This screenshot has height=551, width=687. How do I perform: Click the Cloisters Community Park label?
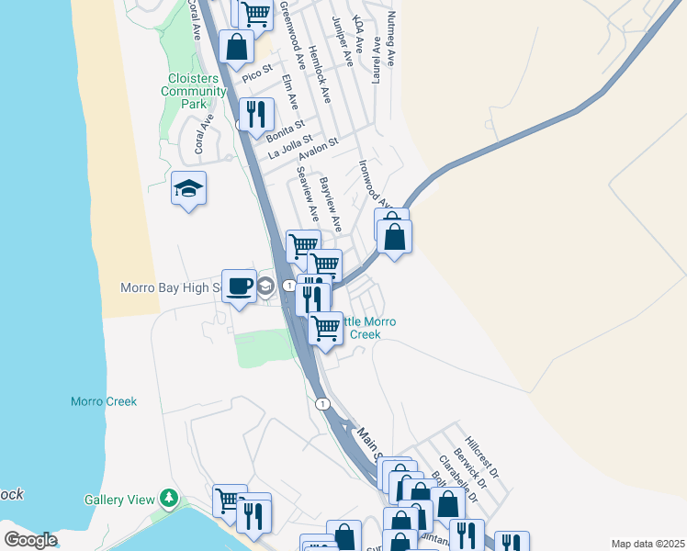click(x=193, y=91)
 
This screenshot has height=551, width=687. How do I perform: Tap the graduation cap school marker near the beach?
click(x=188, y=190)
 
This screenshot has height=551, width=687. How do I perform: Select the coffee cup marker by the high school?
click(x=240, y=287)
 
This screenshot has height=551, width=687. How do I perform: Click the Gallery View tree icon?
click(x=168, y=499)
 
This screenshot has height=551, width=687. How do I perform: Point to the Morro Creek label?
click(x=104, y=401)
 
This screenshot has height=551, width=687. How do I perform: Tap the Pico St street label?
click(x=258, y=73)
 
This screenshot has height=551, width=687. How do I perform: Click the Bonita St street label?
click(x=285, y=132)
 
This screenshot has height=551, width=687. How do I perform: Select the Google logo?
click(x=31, y=539)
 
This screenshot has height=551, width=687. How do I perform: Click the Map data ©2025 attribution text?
click(x=647, y=544)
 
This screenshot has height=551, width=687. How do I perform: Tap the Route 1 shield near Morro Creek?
click(x=321, y=403)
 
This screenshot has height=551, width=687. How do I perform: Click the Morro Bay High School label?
click(x=172, y=287)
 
